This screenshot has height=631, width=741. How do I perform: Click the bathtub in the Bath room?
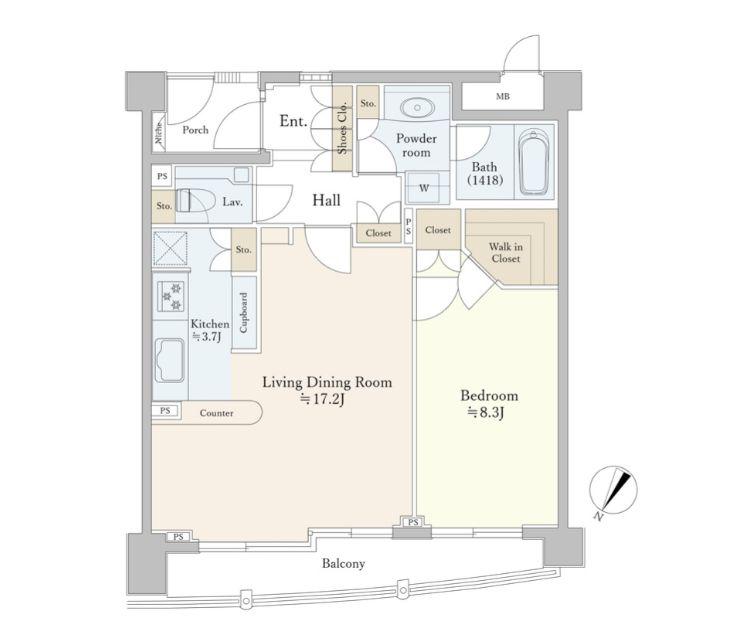534,162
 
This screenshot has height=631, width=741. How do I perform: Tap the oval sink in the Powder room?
418,108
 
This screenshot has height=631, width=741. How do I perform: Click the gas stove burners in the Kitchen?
172,296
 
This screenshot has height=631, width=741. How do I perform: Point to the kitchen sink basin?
169,360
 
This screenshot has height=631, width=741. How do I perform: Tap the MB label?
503,96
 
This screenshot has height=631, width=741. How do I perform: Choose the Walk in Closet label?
506,252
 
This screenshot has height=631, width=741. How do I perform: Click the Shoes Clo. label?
343,128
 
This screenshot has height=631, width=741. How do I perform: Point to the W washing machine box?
424,188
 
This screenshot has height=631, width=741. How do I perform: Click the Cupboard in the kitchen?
244,312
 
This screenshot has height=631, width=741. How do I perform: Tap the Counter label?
216,413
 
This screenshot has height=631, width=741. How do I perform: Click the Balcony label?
344,563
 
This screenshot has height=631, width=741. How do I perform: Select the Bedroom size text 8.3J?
486,413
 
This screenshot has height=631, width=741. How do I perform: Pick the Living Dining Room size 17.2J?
323,399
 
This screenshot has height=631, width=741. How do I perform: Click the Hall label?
326,200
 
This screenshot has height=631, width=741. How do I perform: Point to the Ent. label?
293,121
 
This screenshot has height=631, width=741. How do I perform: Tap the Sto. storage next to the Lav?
164,207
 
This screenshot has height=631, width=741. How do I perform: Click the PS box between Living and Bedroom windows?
414,522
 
